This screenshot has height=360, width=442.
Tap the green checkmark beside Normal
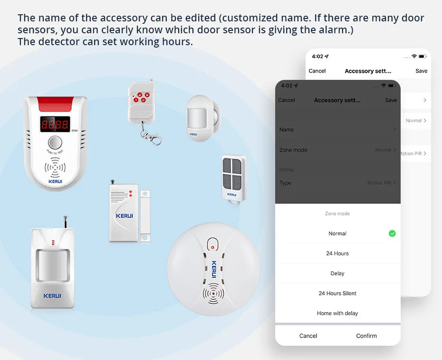tap(392, 234)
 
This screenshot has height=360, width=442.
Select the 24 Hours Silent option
tap(337, 293)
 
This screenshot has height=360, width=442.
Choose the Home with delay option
tap(337, 313)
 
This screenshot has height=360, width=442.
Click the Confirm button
tap(366, 336)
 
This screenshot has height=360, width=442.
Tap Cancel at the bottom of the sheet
tap(308, 336)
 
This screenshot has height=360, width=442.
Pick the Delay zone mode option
tap(337, 273)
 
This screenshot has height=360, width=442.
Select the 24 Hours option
tap(337, 253)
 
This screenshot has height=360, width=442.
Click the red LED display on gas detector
tap(55, 125)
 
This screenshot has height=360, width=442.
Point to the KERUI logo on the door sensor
tap(125, 216)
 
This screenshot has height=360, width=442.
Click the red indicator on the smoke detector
tap(212, 247)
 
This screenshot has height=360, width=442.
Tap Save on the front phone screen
tap(391, 100)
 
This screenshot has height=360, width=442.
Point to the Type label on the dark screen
tap(286, 183)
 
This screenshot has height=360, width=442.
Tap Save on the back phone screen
tap(421, 71)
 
